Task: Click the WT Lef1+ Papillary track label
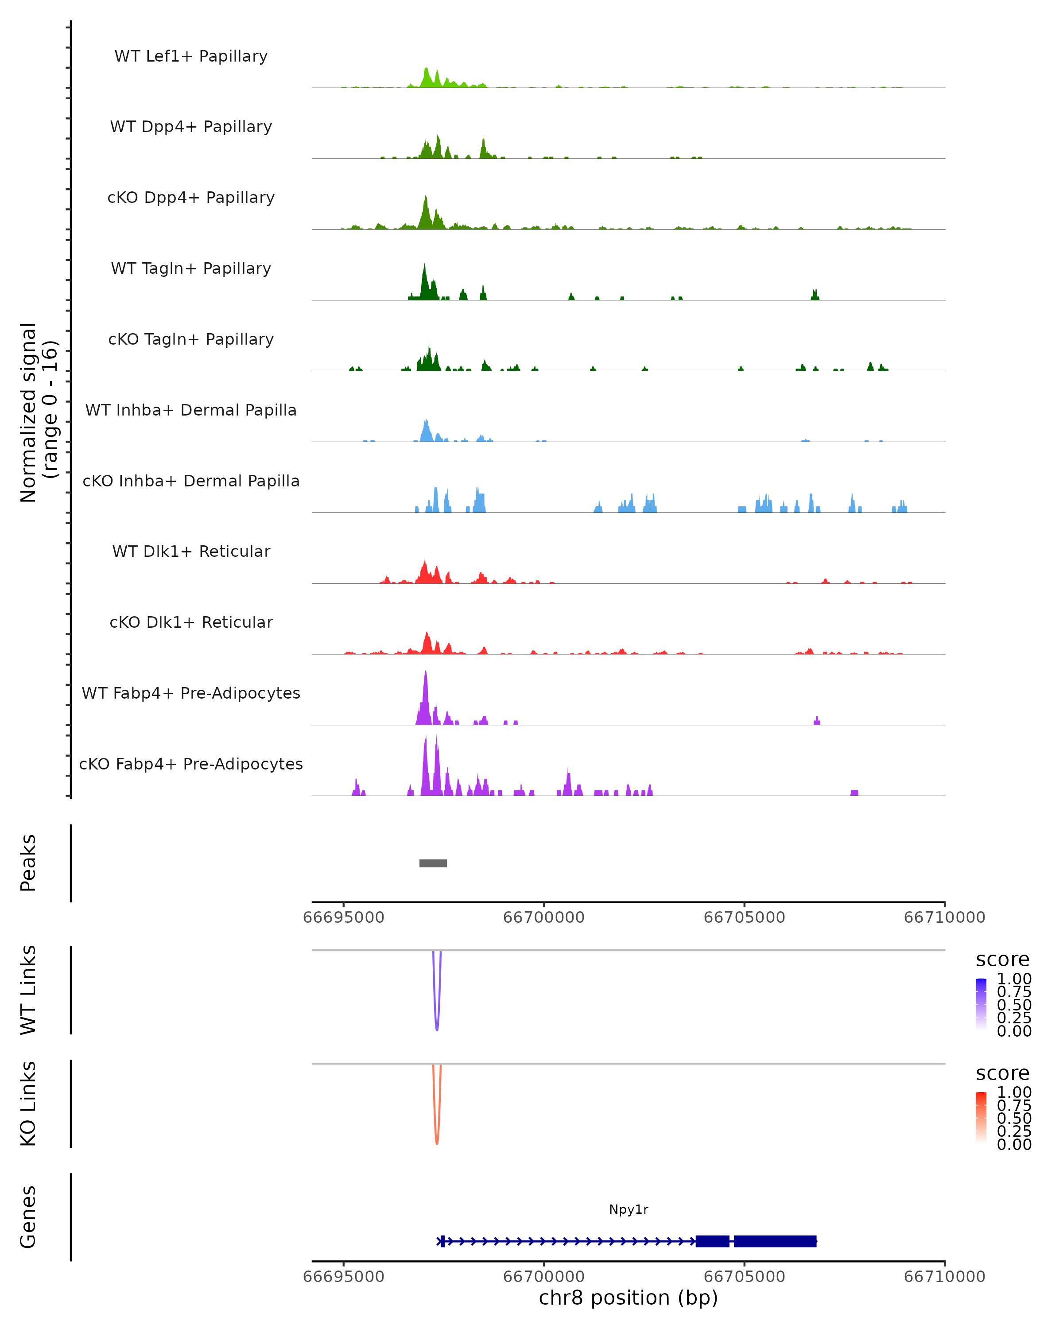(191, 56)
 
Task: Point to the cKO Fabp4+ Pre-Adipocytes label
(191, 764)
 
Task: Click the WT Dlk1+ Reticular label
(191, 551)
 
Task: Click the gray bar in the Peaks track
(433, 863)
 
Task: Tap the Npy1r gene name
(628, 1209)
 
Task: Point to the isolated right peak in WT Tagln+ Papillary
(815, 295)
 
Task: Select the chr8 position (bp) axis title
(628, 1298)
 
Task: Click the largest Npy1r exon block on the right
(775, 1241)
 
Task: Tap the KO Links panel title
(28, 1104)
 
